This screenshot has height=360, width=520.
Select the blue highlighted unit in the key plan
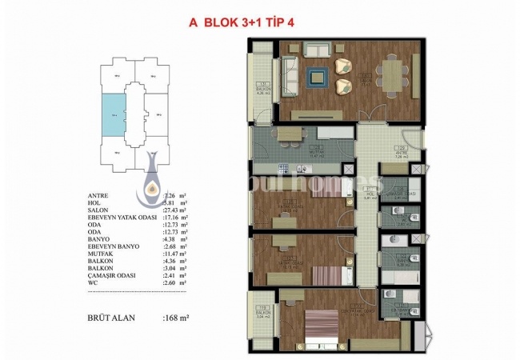(x=114, y=115)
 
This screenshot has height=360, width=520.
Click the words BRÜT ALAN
(x=113, y=316)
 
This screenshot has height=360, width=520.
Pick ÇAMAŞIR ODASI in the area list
(x=114, y=274)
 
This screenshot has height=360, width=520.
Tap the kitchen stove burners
(x=283, y=167)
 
